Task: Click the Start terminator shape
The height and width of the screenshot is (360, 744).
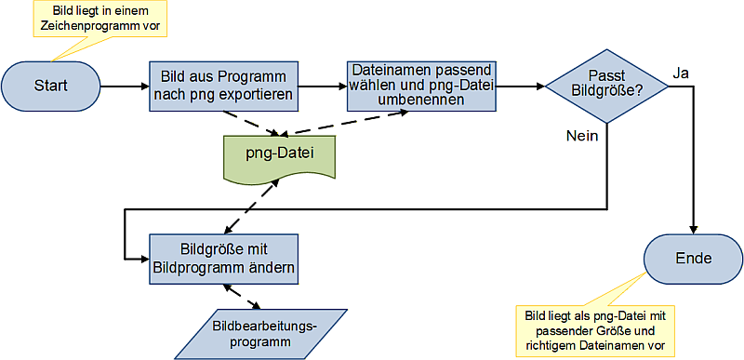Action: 51,86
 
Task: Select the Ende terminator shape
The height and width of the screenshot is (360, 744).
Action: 693,257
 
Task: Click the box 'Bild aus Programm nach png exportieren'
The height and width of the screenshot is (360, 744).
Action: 223,86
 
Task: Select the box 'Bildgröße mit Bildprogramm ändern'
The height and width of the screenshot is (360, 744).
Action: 223,258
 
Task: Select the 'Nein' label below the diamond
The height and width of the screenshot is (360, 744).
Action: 581,135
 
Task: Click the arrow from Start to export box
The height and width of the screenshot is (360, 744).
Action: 124,87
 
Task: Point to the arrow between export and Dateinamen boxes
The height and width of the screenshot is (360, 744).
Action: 321,87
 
